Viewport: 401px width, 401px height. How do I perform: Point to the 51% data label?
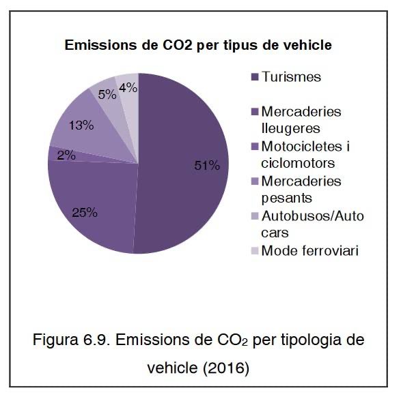(x=206, y=166)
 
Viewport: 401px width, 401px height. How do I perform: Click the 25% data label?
(x=85, y=211)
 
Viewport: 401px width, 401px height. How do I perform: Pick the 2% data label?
(x=66, y=155)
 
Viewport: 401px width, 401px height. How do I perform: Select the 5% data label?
(x=106, y=95)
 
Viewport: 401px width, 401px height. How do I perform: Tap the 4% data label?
(x=127, y=87)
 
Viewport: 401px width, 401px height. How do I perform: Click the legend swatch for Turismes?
(x=254, y=76)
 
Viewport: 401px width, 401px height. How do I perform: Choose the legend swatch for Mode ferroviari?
(x=254, y=250)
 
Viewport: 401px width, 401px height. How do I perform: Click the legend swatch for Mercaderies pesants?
(x=254, y=181)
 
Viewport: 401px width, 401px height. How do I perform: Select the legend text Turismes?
(x=292, y=76)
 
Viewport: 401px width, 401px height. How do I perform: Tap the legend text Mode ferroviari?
(x=310, y=250)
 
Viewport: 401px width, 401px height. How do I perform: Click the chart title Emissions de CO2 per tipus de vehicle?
(x=198, y=46)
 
